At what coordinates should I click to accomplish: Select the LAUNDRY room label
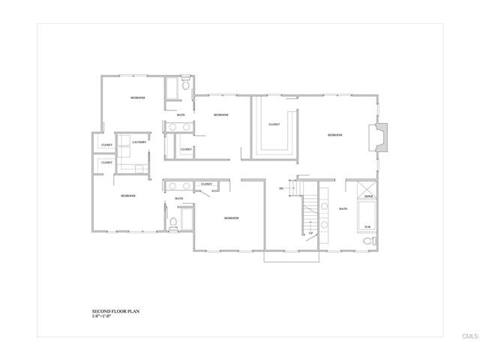point(139,142)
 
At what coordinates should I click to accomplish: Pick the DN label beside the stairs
point(281,188)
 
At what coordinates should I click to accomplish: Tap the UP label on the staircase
point(310,233)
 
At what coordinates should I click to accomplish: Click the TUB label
point(367,226)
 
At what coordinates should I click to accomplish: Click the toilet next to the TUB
point(367,241)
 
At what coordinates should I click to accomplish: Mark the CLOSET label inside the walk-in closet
point(274,124)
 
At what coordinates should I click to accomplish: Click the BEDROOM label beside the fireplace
point(334,135)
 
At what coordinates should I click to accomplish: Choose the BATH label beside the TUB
point(343,208)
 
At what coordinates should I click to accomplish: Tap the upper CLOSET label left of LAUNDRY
point(106,145)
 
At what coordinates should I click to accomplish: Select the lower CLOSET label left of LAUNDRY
point(106,162)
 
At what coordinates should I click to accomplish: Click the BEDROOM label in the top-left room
point(137,98)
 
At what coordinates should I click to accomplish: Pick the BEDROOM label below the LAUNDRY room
point(128,196)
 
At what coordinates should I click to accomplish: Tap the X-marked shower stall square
point(368,189)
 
